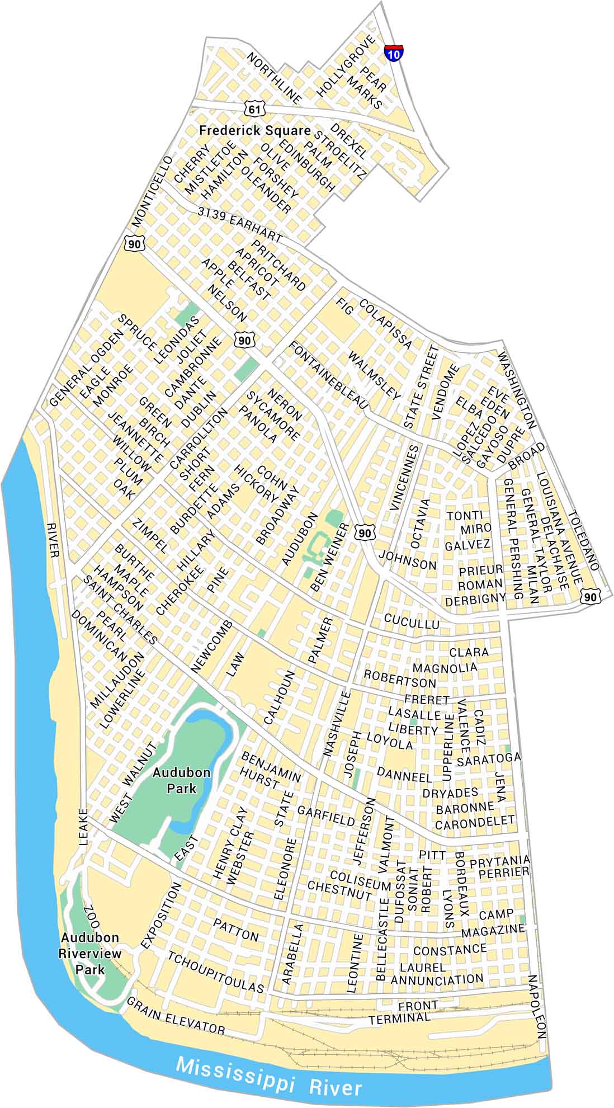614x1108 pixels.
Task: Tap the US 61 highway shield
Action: [254, 109]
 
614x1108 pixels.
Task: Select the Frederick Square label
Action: [255, 131]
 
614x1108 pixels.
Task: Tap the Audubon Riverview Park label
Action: [91, 953]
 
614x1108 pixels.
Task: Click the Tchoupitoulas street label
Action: [215, 972]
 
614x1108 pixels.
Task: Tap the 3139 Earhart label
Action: [239, 222]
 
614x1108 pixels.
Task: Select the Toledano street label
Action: [583, 540]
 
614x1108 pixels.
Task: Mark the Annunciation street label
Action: [437, 979]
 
